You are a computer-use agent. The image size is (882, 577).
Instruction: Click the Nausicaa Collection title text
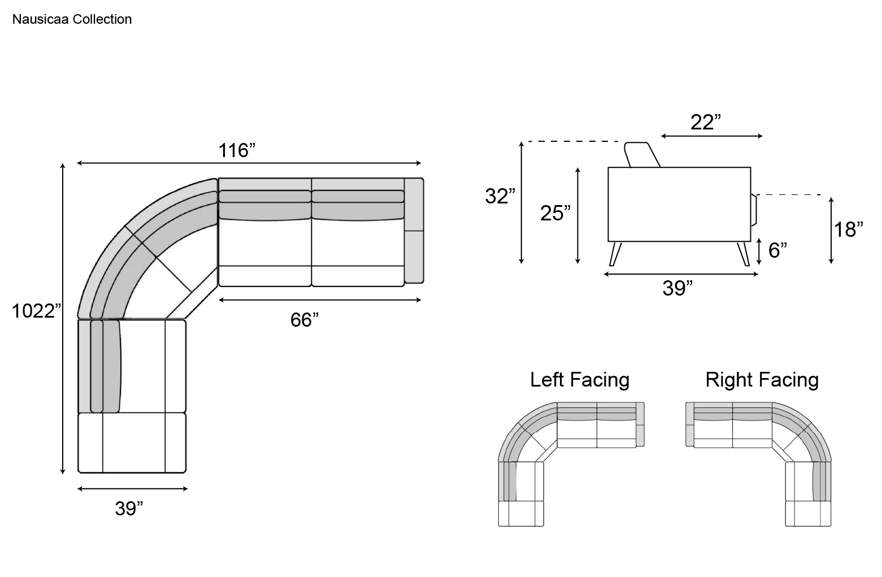coord(72,19)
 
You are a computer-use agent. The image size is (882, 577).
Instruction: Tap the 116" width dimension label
coord(237,150)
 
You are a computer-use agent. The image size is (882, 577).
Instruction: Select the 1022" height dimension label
coord(36,311)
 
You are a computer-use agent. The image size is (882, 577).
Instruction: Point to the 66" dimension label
coord(305,320)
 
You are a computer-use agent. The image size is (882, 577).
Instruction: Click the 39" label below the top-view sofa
coord(129,509)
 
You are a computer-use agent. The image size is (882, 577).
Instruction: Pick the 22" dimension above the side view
coord(706,123)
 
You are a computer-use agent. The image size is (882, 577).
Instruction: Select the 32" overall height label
coord(500,196)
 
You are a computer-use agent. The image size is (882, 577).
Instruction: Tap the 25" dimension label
coord(555,214)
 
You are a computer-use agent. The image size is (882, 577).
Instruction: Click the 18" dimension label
coord(849,229)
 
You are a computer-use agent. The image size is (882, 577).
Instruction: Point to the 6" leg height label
coord(777,250)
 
